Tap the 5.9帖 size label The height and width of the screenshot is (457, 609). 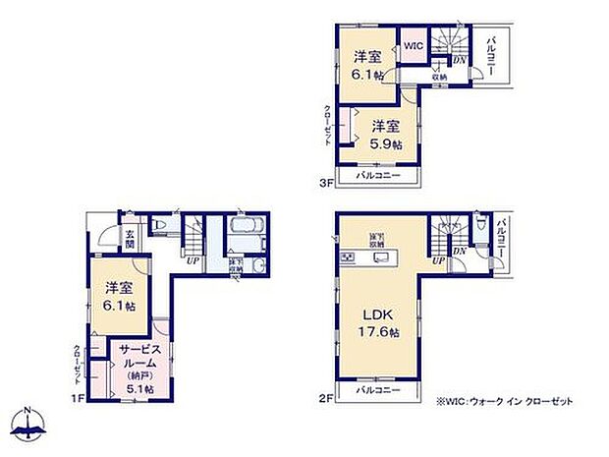coord(385,143)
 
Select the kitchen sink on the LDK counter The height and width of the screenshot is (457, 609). coord(349,257)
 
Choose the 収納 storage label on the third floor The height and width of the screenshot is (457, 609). coord(438,77)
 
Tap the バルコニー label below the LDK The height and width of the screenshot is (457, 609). coord(378,390)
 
